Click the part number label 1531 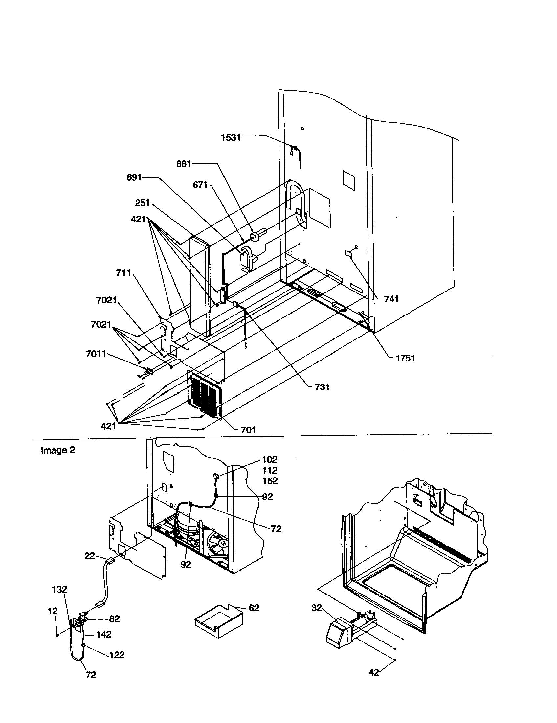(231, 137)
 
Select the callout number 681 (184, 164)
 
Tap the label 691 (134, 177)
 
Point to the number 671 (200, 185)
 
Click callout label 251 (143, 202)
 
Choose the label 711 (123, 273)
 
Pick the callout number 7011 (96, 354)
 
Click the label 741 (391, 299)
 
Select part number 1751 (405, 358)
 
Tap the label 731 (322, 387)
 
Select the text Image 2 (58, 450)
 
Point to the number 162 (270, 481)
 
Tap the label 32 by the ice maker (316, 608)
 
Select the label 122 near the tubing (117, 655)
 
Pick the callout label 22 (90, 556)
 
